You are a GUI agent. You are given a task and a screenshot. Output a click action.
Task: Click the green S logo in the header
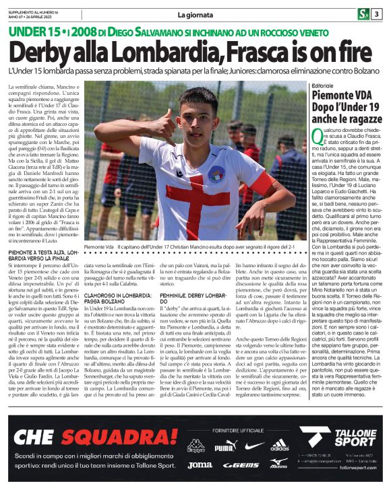363,14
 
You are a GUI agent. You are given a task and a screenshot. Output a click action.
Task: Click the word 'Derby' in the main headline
52,54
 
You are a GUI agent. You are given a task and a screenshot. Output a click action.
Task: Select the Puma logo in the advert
226,447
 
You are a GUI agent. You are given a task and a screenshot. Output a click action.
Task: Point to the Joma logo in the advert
200,464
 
